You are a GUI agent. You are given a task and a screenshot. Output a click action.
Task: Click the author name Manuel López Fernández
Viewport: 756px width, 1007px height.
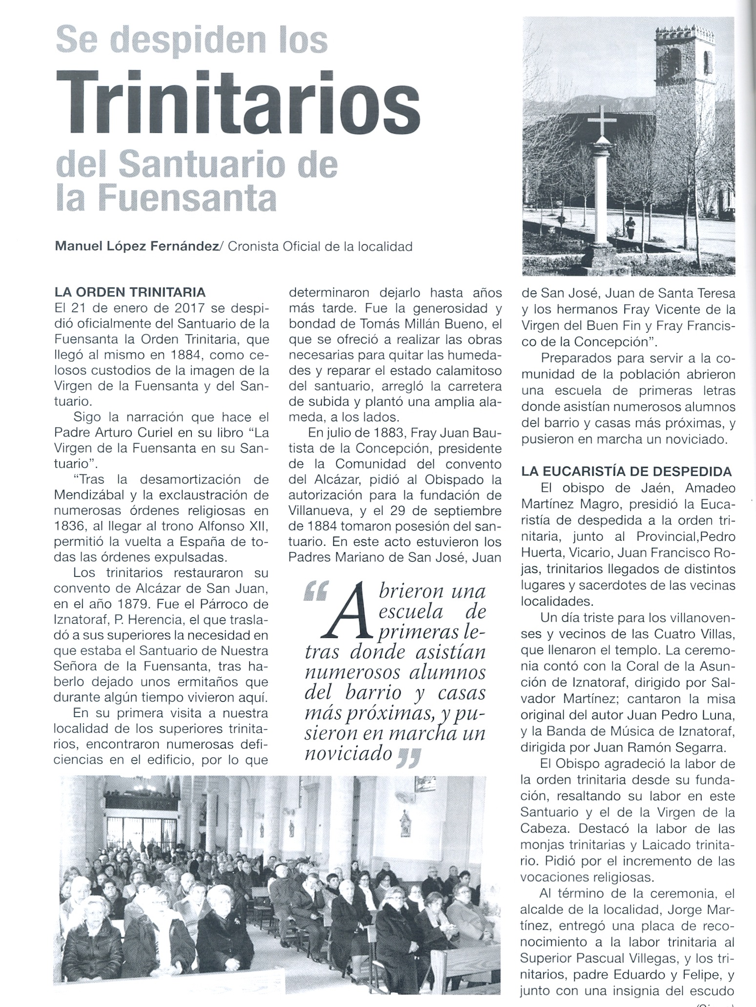137,247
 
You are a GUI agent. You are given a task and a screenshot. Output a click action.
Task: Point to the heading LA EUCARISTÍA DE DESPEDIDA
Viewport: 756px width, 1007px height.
627,471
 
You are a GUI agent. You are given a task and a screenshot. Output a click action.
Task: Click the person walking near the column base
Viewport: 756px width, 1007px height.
630,227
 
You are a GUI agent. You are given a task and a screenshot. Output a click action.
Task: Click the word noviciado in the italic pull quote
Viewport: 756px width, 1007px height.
348,754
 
